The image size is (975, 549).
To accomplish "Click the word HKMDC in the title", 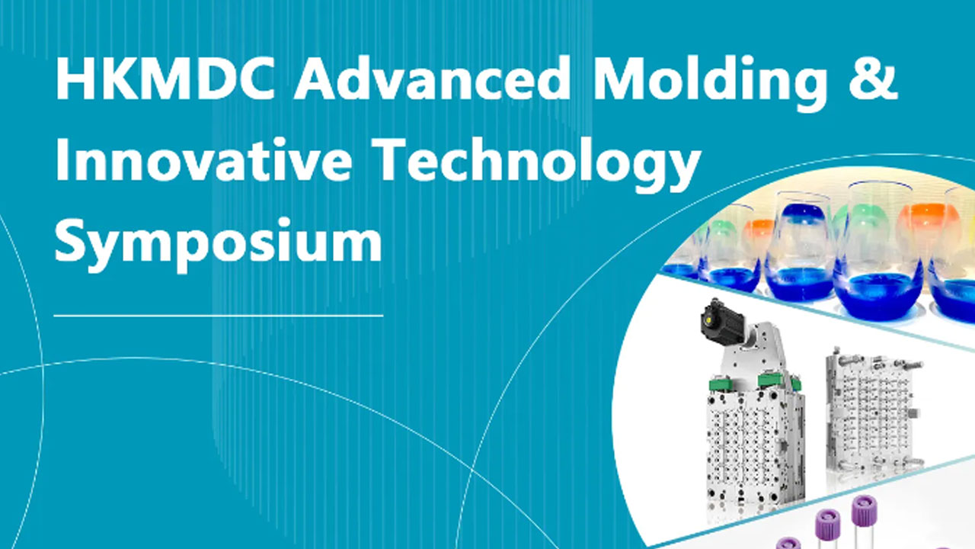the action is point(165,79).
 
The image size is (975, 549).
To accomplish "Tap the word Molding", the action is point(710,83).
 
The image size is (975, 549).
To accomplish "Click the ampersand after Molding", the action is point(873,79).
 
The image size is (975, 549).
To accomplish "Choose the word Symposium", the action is point(219,245).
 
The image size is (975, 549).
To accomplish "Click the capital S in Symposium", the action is point(71,239).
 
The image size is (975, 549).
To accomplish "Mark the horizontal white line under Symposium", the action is point(219,315).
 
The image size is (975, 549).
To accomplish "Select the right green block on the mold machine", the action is point(775,380).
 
